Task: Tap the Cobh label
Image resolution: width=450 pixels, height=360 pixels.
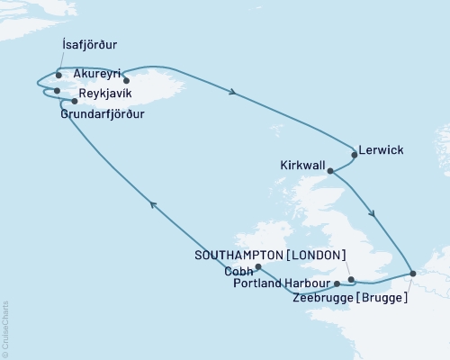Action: tap(238, 269)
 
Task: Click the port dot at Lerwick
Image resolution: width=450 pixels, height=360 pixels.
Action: tap(354, 155)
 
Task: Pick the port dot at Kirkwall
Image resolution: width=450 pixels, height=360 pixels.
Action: tap(330, 170)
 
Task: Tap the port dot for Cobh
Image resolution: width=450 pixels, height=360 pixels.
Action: tap(258, 267)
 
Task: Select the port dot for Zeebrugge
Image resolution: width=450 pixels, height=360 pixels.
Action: tap(412, 273)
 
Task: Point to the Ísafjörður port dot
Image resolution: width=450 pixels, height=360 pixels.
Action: tap(58, 75)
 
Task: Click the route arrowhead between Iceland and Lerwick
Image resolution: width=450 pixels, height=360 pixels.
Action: tap(234, 92)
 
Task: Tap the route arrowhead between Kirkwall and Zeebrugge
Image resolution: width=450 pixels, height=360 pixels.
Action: tap(373, 214)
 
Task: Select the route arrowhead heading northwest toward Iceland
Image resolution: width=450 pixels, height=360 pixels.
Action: tap(153, 206)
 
